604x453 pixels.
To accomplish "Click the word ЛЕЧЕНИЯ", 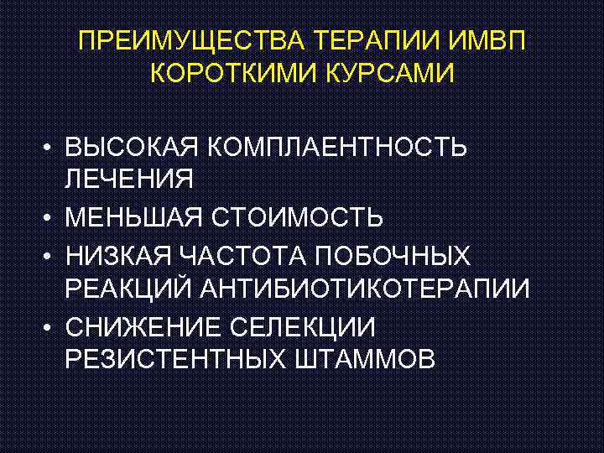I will click(x=128, y=179).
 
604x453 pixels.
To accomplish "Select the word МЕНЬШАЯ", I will click(x=137, y=218).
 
